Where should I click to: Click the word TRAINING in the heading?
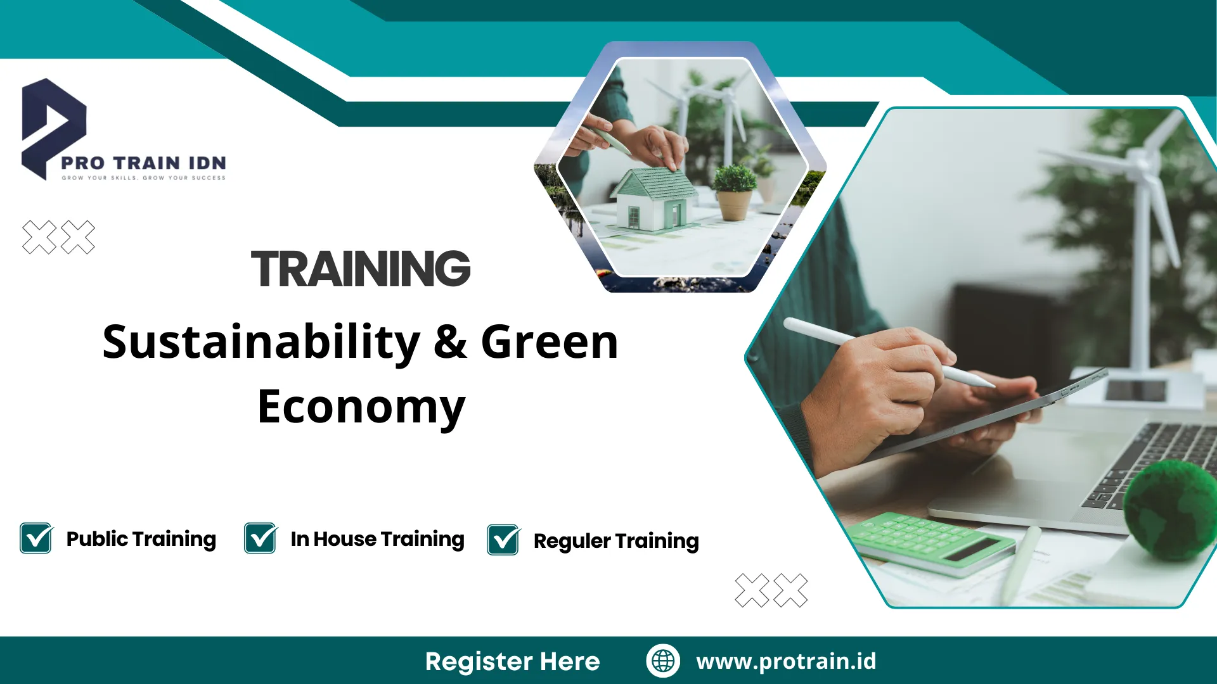361,269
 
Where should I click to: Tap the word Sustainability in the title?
261,343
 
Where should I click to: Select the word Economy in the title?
361,407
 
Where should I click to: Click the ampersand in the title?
450,343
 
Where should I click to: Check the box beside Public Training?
36,538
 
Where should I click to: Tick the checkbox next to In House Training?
261,538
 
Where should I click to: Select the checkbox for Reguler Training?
503,540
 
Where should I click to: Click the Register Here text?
512,661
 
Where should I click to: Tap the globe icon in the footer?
663,661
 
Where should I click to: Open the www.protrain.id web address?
786,661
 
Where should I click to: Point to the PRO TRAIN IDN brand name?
143,163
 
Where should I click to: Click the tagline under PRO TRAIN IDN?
143,178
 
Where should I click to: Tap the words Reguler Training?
616,541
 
